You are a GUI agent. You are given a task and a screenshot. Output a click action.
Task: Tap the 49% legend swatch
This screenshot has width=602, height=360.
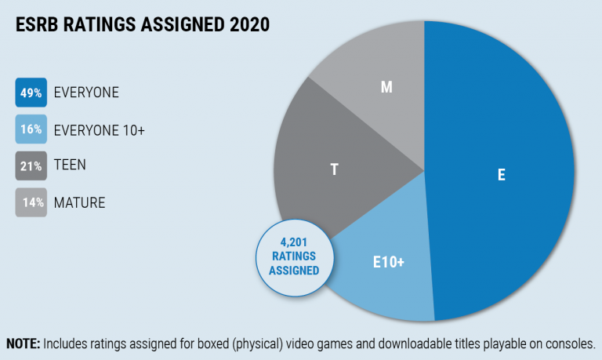click(31, 93)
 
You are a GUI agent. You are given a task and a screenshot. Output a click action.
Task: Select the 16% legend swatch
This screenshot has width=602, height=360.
click(31, 129)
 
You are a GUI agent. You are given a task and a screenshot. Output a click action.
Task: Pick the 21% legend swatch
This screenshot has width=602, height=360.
click(31, 166)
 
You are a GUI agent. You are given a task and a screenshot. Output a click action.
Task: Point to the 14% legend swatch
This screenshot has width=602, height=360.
click(31, 203)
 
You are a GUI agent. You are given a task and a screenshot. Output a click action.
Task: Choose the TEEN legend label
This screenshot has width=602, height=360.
click(70, 166)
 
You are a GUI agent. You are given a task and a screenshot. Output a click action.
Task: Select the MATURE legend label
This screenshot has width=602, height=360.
click(79, 203)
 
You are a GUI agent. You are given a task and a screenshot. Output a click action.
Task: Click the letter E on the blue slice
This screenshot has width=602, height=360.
click(501, 175)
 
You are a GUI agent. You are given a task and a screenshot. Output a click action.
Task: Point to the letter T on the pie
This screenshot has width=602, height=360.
click(335, 169)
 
